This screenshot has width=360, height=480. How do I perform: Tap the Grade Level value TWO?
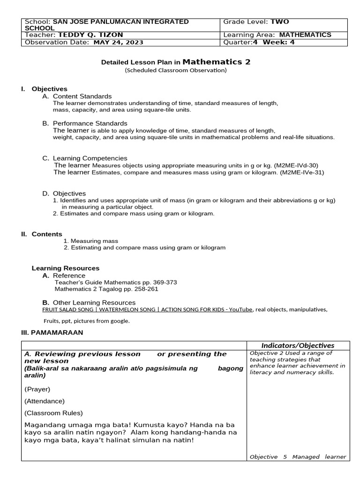[280, 22]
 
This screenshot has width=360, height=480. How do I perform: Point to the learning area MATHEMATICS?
[305, 35]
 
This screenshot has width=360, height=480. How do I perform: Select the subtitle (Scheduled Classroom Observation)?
[176, 70]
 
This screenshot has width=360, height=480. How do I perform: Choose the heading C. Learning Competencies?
[85, 158]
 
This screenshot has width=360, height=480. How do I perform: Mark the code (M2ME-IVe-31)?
[302, 172]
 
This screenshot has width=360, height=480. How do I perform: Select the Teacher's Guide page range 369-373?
[162, 282]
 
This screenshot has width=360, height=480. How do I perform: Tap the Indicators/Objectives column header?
[298, 345]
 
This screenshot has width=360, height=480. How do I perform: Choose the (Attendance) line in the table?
[45, 401]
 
